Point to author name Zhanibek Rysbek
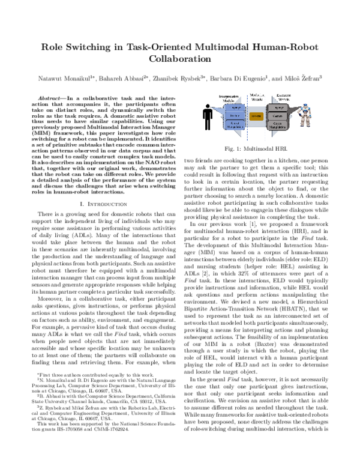(x=184, y=78)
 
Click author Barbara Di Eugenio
(x=245, y=78)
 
